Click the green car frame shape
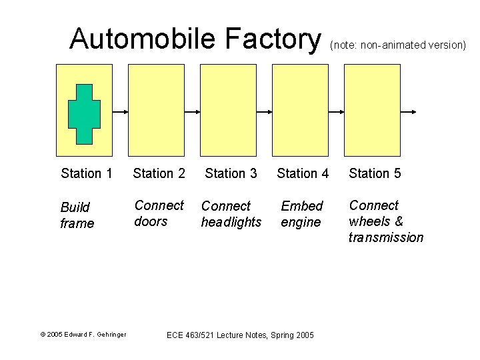[x=84, y=114]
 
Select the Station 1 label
[x=86, y=173]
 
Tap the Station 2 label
[x=159, y=173]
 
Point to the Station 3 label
[x=231, y=173]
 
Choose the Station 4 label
[x=303, y=173]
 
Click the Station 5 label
[x=375, y=173]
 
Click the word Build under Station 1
[x=75, y=207]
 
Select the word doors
[x=151, y=221]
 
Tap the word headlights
[x=231, y=222]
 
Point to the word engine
[x=301, y=222]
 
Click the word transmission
[x=385, y=237]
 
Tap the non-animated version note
[x=398, y=45]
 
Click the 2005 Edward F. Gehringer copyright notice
[x=83, y=334]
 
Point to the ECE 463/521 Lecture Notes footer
[x=240, y=334]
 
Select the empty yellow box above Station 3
[x=228, y=110]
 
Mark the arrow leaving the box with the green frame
[x=120, y=111]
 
